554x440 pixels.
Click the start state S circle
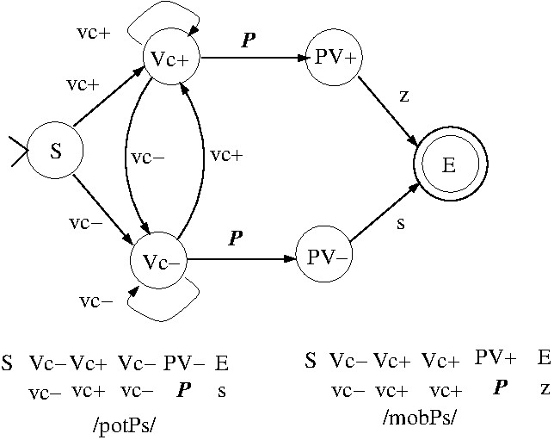coord(56,152)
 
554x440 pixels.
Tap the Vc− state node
coord(160,260)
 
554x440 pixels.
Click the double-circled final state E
coord(449,165)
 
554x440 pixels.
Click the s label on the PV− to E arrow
coord(401,223)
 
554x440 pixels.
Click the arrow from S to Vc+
coord(108,100)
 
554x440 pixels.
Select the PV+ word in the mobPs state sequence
coord(495,357)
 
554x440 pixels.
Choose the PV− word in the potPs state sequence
coord(184,363)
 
